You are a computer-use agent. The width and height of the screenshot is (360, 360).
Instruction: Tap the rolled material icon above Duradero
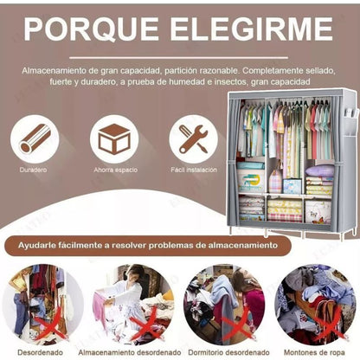[35, 138]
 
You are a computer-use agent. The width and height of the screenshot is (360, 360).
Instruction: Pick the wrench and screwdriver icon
[192, 138]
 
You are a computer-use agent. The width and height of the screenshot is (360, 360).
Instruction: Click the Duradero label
[35, 170]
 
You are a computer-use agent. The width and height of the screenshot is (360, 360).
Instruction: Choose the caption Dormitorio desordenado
[224, 353]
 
